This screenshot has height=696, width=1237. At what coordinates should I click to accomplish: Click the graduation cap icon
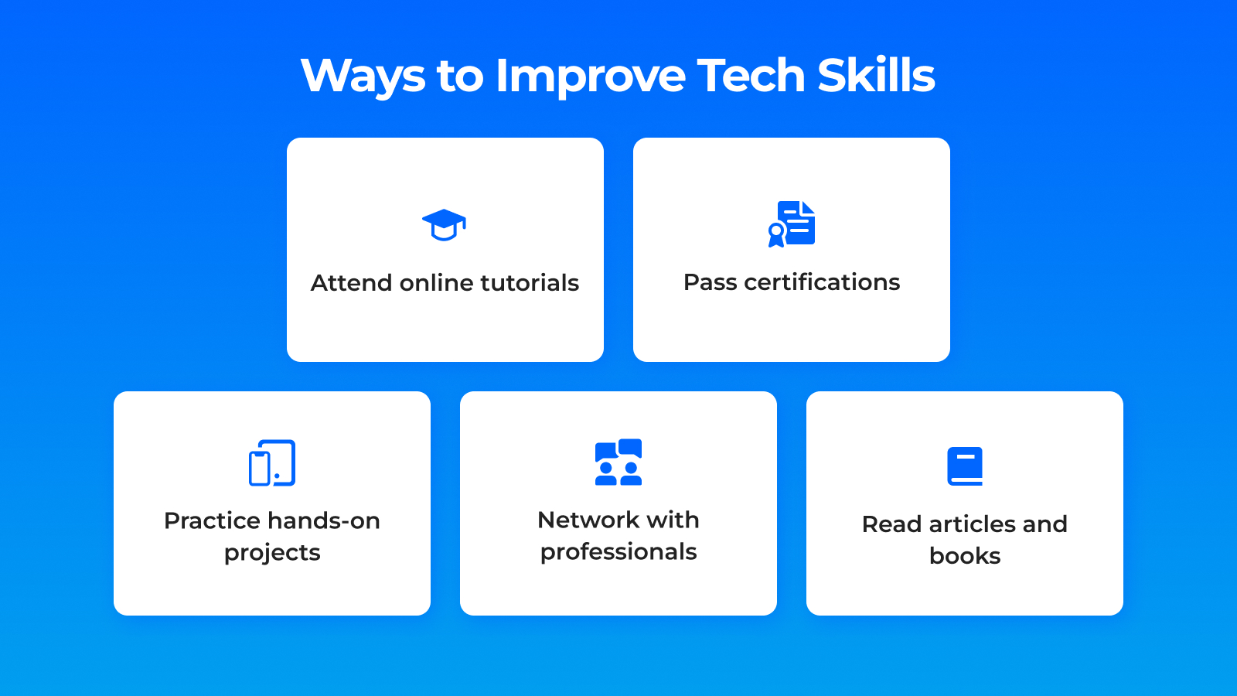point(444,225)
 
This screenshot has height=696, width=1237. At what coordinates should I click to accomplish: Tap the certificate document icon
point(792,223)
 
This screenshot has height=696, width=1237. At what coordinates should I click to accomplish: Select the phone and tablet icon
point(271,463)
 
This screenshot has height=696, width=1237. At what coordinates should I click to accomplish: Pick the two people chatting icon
point(618,462)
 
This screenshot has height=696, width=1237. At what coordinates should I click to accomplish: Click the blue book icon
point(965,466)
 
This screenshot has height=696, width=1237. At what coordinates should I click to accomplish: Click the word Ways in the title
point(363,76)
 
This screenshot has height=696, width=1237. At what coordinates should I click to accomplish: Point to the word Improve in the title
point(591,76)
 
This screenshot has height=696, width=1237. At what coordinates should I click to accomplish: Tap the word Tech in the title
point(751,74)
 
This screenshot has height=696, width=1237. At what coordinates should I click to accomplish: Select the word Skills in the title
point(876,74)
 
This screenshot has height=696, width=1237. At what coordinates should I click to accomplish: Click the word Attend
point(351,283)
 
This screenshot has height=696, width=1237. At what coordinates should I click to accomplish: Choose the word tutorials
point(530,283)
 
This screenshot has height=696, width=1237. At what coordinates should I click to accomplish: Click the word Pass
point(710,282)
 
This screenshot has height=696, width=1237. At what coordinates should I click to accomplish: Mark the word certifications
point(822,281)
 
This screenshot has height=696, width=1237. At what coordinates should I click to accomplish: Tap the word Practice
point(213,521)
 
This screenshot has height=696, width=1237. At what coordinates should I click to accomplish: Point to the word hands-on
point(324,521)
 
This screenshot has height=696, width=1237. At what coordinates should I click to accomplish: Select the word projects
point(272,554)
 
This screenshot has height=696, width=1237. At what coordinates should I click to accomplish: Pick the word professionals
point(618,552)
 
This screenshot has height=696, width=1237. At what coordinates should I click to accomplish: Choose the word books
point(965,556)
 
